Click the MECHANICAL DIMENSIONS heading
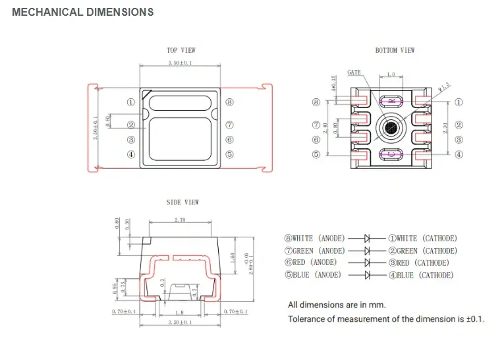tap(83, 12)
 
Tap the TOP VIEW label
tap(181, 50)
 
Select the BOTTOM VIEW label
tap(395, 50)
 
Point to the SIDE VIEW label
tap(182, 202)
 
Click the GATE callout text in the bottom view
tap(354, 73)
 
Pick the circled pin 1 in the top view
tap(130, 102)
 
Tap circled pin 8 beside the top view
tap(229, 102)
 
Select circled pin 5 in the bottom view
tap(316, 154)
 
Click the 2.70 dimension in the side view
tap(179, 220)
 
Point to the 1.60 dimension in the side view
tap(232, 257)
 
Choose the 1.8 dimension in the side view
tap(180, 311)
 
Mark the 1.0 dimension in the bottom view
tap(391, 75)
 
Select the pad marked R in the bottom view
tap(391, 100)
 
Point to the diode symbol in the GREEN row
tap(368, 251)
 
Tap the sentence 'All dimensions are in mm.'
tap(337, 305)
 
